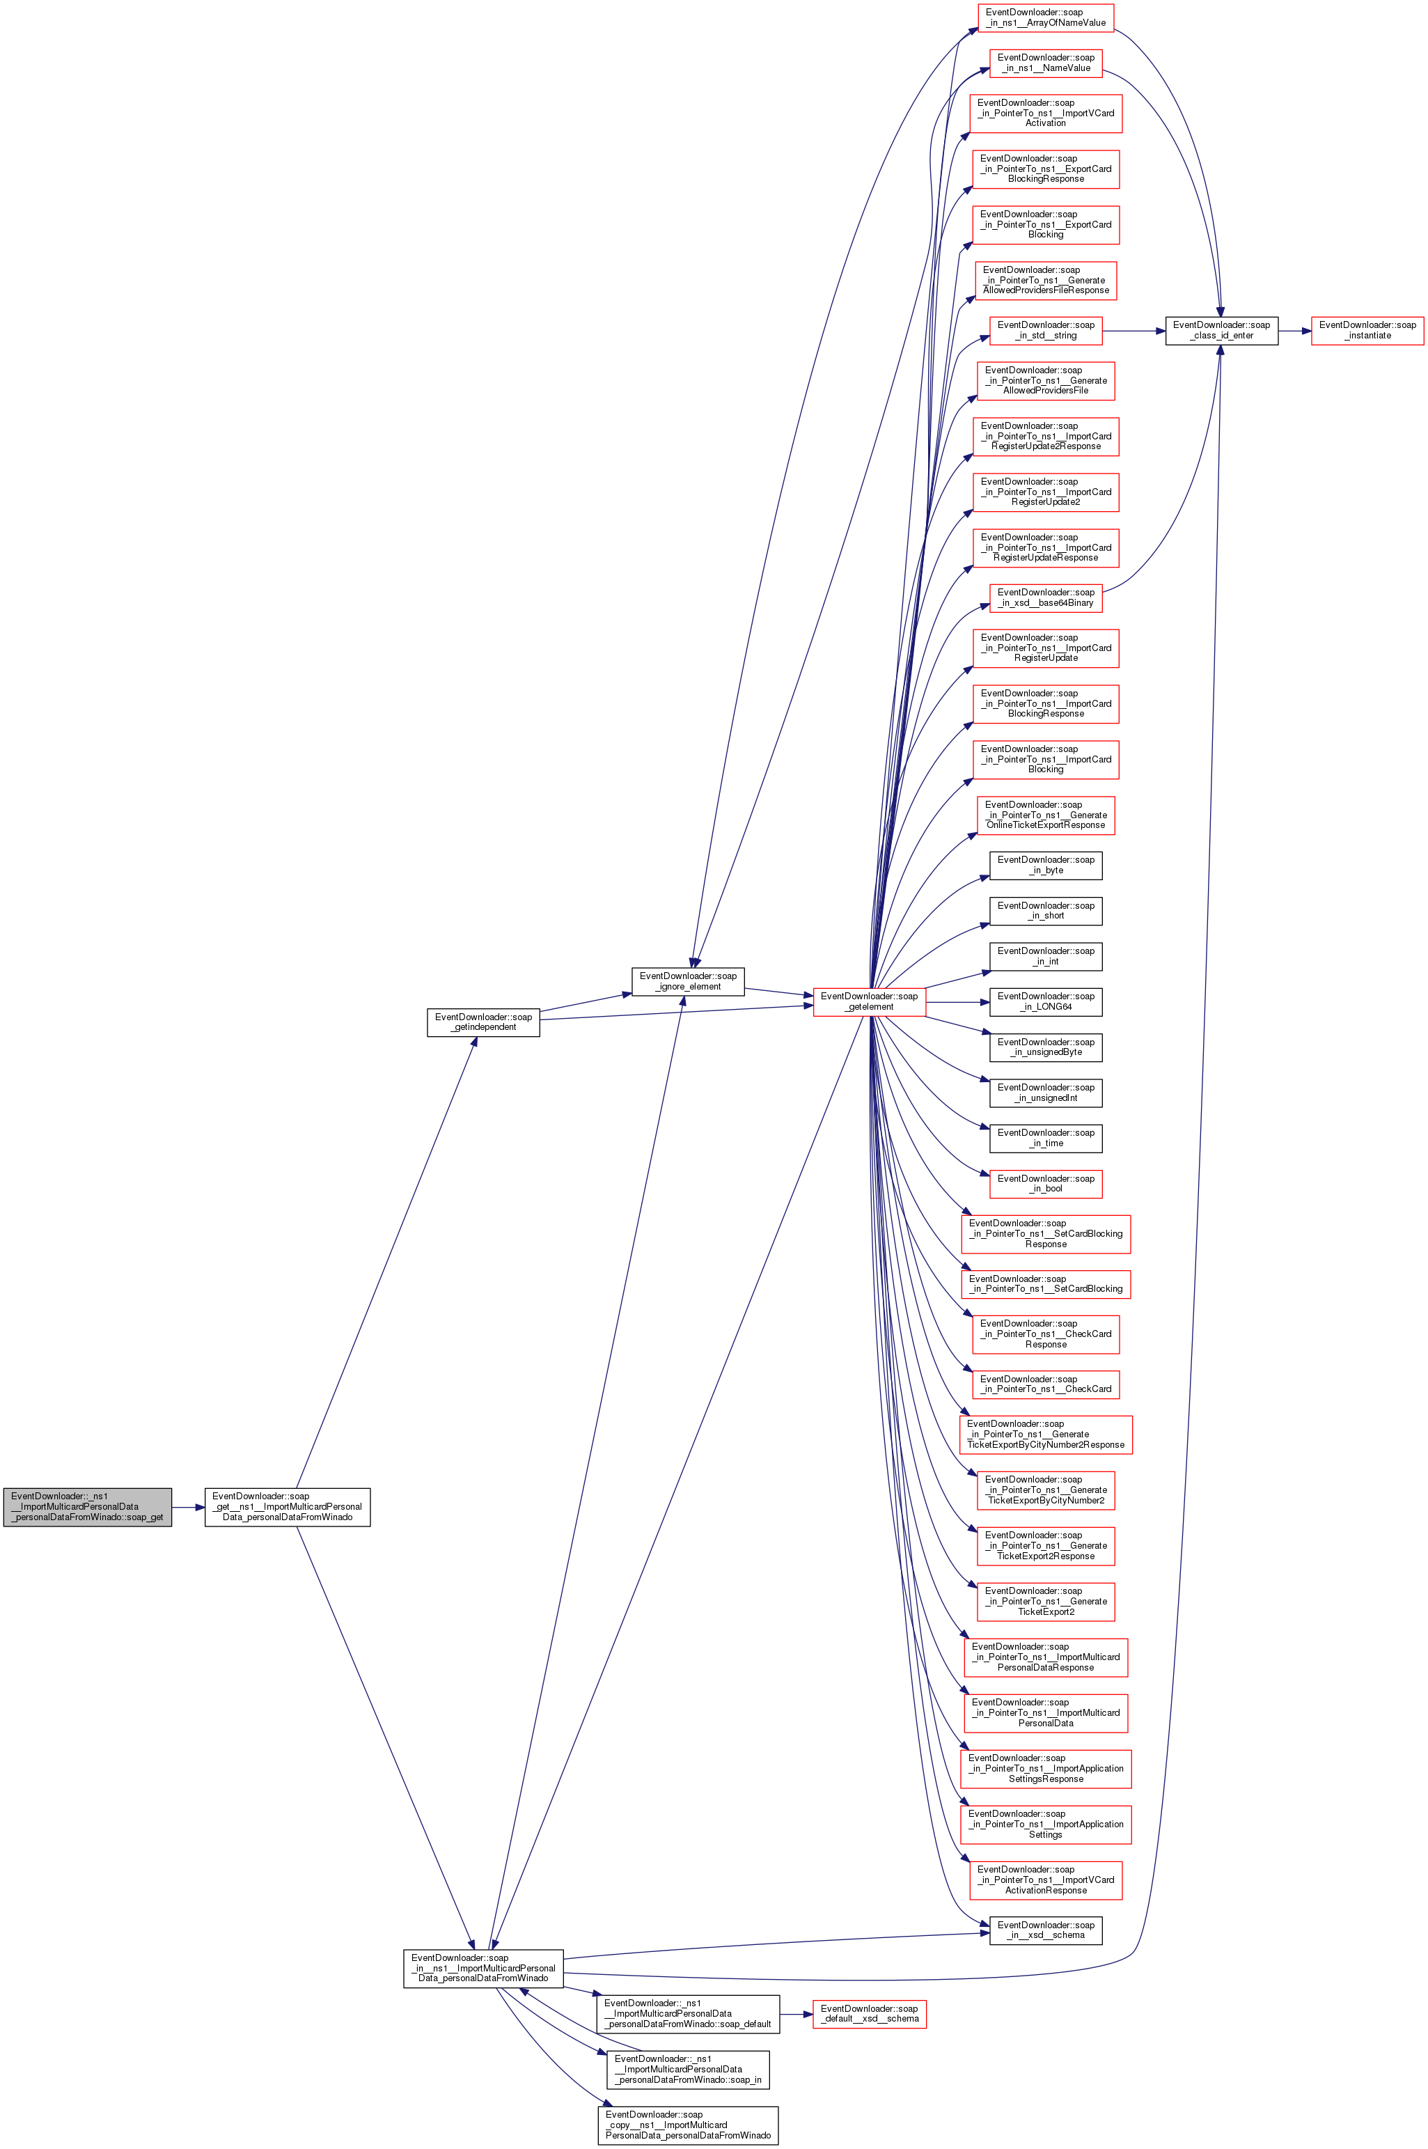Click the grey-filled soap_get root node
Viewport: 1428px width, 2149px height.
[x=88, y=1507]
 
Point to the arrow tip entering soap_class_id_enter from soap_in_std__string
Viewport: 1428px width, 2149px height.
[x=1166, y=331]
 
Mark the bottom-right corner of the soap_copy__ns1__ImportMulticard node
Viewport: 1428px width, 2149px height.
[x=778, y=2144]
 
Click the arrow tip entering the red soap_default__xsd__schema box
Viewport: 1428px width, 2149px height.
[x=813, y=2014]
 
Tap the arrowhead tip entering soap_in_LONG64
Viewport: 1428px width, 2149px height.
[x=990, y=1001]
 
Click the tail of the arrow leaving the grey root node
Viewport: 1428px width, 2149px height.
[x=172, y=1507]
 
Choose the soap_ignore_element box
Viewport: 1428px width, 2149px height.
[x=689, y=982]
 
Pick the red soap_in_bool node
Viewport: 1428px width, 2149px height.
[x=1046, y=1184]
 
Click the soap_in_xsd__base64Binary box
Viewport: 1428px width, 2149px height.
[x=1046, y=597]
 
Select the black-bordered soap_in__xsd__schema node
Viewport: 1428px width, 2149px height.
[x=1046, y=1930]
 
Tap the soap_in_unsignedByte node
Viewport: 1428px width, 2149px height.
[x=1046, y=1047]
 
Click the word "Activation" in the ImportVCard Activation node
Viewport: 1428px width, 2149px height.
[x=1046, y=123]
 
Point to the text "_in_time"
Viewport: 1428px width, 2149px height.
[x=1046, y=1143]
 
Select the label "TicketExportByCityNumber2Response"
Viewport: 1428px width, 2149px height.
[x=1046, y=1444]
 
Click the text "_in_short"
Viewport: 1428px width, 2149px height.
[x=1046, y=915]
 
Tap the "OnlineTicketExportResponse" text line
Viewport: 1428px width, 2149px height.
[x=1046, y=825]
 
